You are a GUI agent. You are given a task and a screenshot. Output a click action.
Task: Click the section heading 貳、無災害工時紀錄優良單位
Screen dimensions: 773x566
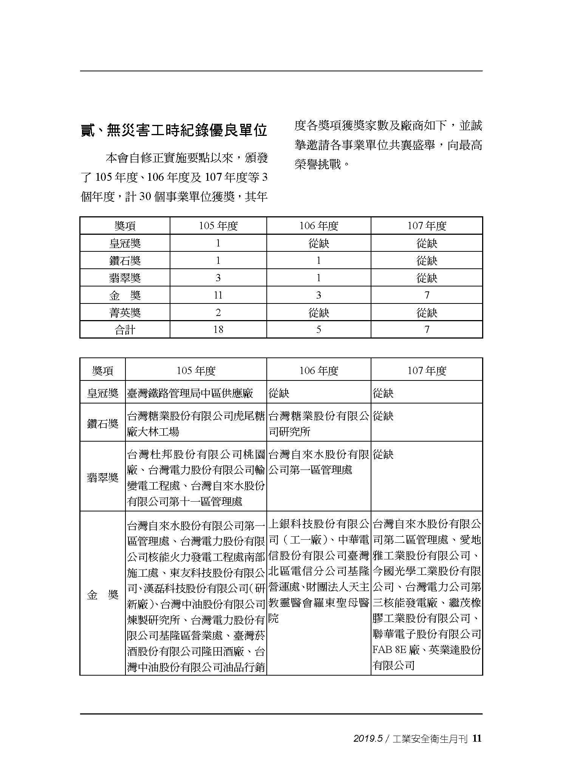tap(174, 130)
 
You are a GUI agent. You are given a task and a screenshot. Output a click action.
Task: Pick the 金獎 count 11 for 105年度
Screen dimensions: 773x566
tap(218, 295)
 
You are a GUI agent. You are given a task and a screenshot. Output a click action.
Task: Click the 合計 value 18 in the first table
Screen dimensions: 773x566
tap(218, 330)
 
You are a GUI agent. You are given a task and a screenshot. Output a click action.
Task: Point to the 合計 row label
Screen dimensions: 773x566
tap(125, 330)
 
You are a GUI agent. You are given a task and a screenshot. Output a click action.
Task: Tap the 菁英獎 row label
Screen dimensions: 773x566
tap(125, 313)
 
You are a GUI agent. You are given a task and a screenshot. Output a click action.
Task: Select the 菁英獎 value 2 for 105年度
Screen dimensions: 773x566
tap(218, 313)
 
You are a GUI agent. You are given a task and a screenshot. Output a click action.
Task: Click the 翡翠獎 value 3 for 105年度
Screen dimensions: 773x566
tap(218, 278)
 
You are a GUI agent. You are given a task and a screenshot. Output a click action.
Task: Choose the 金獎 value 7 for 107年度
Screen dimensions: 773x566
tap(427, 295)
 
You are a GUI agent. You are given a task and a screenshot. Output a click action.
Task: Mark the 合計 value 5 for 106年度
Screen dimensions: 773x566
tap(319, 330)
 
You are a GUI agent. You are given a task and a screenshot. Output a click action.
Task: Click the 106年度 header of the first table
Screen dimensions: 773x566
tap(319, 226)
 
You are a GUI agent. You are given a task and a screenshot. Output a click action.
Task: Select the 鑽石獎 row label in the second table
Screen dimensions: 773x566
tap(102, 423)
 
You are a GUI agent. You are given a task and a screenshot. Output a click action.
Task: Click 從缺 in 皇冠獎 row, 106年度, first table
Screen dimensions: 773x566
tap(319, 243)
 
